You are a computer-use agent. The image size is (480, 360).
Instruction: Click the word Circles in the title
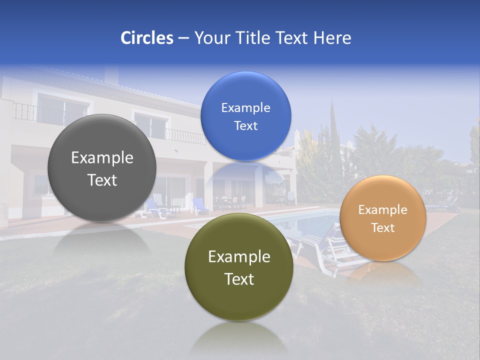[147, 38]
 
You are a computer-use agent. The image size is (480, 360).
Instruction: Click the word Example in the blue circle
[245, 107]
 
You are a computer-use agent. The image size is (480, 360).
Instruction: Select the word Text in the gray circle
[102, 180]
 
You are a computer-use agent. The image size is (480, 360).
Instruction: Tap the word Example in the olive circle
[239, 256]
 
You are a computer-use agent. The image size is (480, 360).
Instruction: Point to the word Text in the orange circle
[383, 227]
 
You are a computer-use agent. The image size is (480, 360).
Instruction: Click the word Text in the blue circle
[245, 125]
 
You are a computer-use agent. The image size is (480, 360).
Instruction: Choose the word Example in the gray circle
[102, 157]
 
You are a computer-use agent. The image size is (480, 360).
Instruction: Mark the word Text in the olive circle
[239, 279]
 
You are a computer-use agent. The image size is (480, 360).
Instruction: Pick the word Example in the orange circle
[383, 210]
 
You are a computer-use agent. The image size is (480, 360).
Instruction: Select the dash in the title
[183, 38]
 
